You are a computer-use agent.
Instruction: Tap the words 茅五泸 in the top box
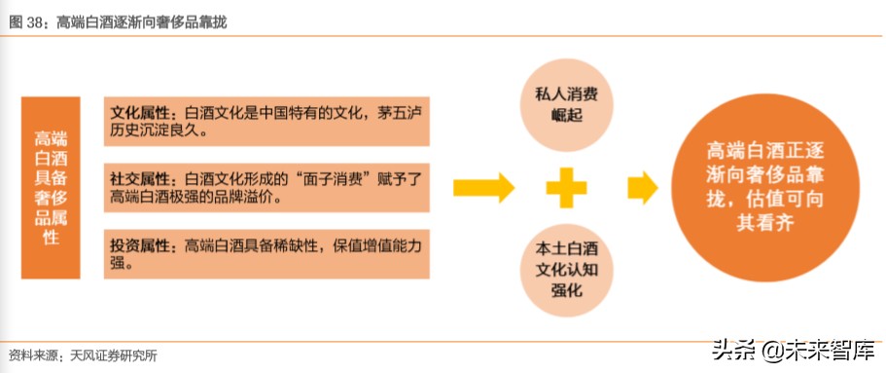coord(396,111)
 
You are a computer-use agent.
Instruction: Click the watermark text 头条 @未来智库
coord(794,349)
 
